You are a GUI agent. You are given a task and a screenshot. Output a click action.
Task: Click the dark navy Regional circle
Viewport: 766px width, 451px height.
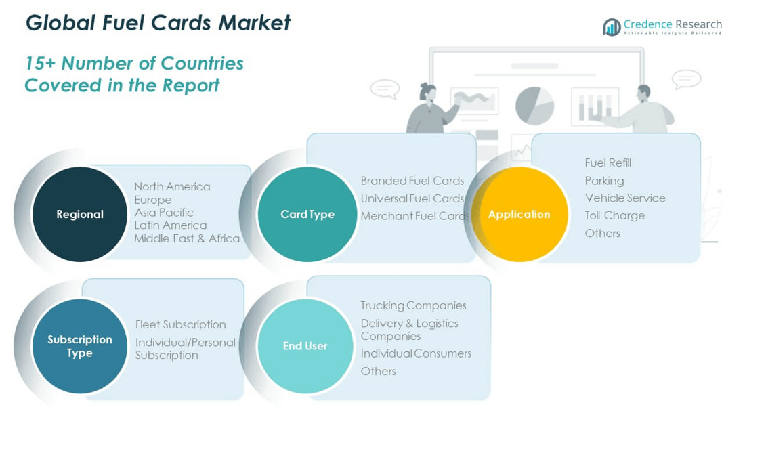click(80, 214)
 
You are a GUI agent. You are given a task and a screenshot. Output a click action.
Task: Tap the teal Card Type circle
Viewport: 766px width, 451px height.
click(307, 214)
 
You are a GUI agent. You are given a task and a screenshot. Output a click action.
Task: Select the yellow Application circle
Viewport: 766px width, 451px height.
click(519, 214)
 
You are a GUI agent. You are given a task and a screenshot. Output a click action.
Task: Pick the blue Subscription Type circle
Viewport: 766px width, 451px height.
click(80, 346)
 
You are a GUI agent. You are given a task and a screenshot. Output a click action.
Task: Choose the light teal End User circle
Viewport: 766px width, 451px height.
click(305, 346)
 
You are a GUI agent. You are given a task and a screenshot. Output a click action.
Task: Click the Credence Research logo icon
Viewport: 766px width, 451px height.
click(612, 27)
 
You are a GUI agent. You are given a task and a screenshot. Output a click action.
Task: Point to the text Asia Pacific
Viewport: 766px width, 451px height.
click(164, 213)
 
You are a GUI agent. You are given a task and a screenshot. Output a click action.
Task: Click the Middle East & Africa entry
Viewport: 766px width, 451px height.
click(187, 238)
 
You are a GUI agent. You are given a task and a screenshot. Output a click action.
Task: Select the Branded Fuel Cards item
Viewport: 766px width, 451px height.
click(412, 181)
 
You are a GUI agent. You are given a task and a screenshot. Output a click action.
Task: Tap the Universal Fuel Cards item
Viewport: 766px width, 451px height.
click(412, 198)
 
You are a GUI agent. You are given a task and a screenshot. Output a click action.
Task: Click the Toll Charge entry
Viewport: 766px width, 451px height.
click(614, 215)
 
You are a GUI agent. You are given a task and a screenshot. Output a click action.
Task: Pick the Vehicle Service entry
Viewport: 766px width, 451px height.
click(625, 198)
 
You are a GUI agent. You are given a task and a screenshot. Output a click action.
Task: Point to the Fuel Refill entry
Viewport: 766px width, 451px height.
click(608, 163)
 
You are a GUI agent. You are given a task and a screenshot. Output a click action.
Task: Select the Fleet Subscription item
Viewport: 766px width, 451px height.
click(181, 324)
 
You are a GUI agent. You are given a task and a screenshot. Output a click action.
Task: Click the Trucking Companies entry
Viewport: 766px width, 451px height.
click(413, 305)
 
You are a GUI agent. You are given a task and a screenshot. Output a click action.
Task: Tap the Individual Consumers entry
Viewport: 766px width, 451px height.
click(417, 353)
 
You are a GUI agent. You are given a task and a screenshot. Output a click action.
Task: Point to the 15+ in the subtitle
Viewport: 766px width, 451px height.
click(40, 63)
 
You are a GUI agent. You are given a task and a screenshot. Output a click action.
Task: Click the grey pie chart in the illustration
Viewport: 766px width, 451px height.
click(534, 106)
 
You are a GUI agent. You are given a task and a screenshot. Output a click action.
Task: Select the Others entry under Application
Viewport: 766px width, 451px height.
click(602, 233)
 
